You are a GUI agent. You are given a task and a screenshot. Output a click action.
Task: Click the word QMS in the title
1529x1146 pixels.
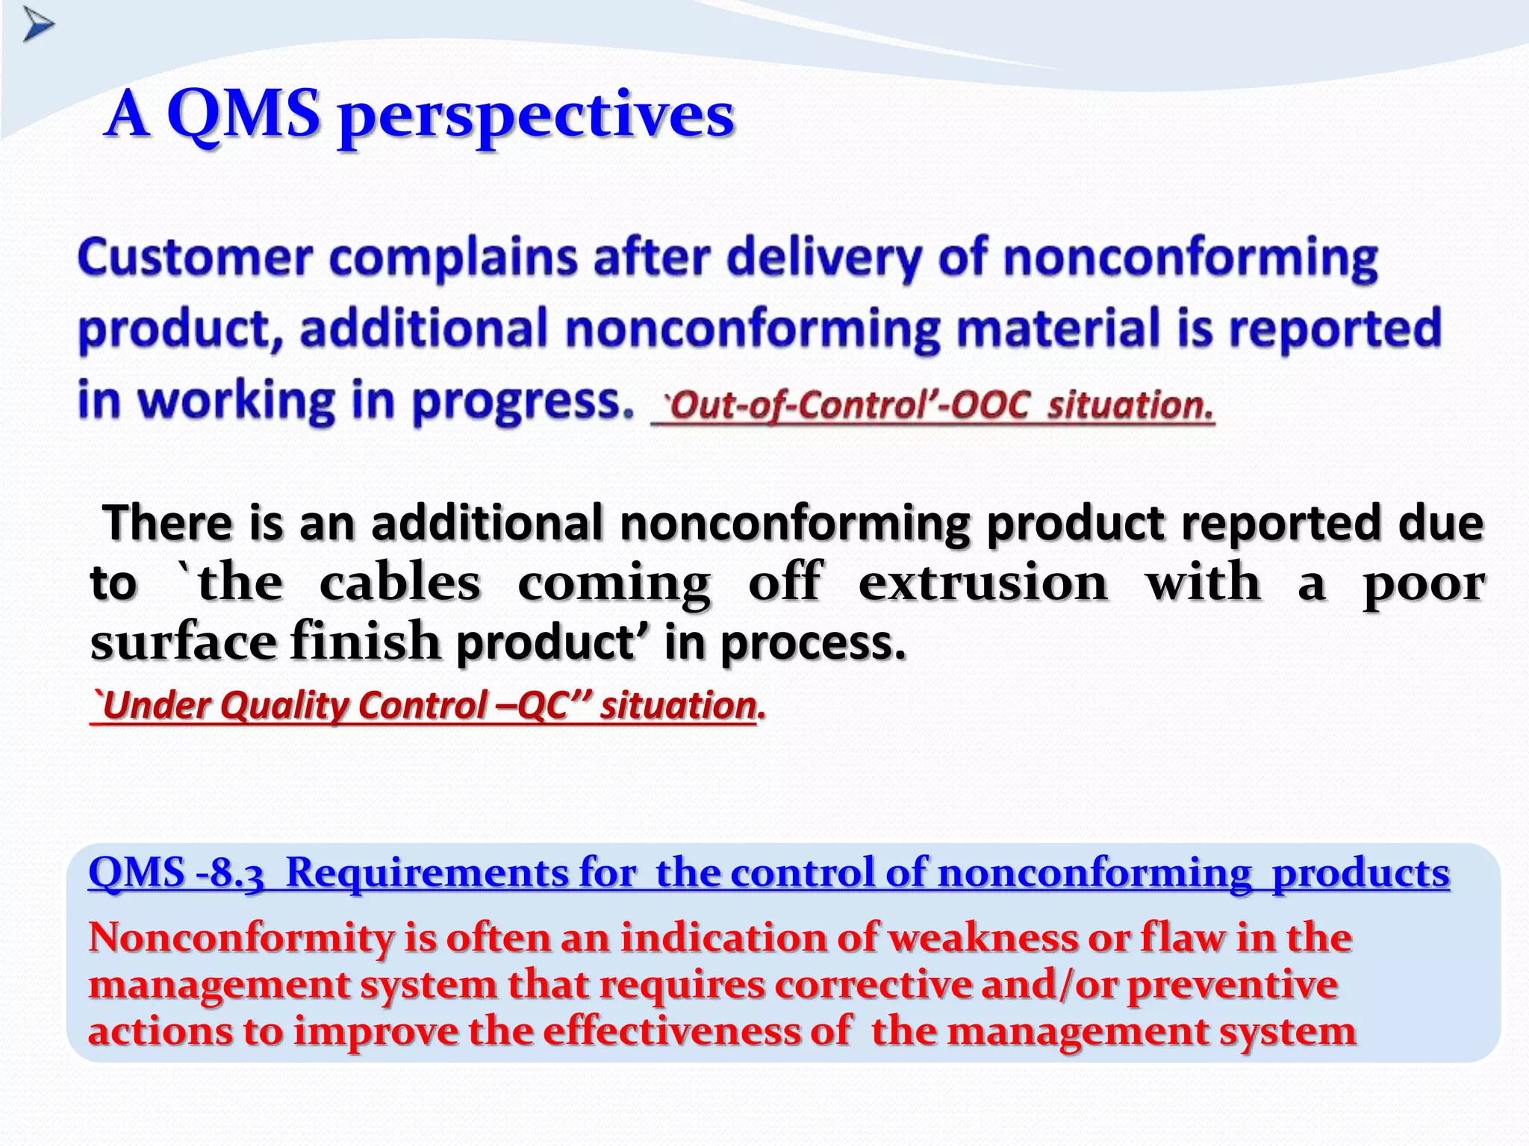click(243, 115)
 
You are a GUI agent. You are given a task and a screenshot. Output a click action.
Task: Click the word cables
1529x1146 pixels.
click(399, 583)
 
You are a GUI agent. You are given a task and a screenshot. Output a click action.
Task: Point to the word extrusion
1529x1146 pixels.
click(983, 583)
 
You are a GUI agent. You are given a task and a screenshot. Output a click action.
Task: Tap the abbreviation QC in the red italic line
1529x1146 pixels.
click(544, 706)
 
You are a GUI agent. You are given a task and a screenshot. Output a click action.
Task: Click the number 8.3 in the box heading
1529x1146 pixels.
click(237, 874)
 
